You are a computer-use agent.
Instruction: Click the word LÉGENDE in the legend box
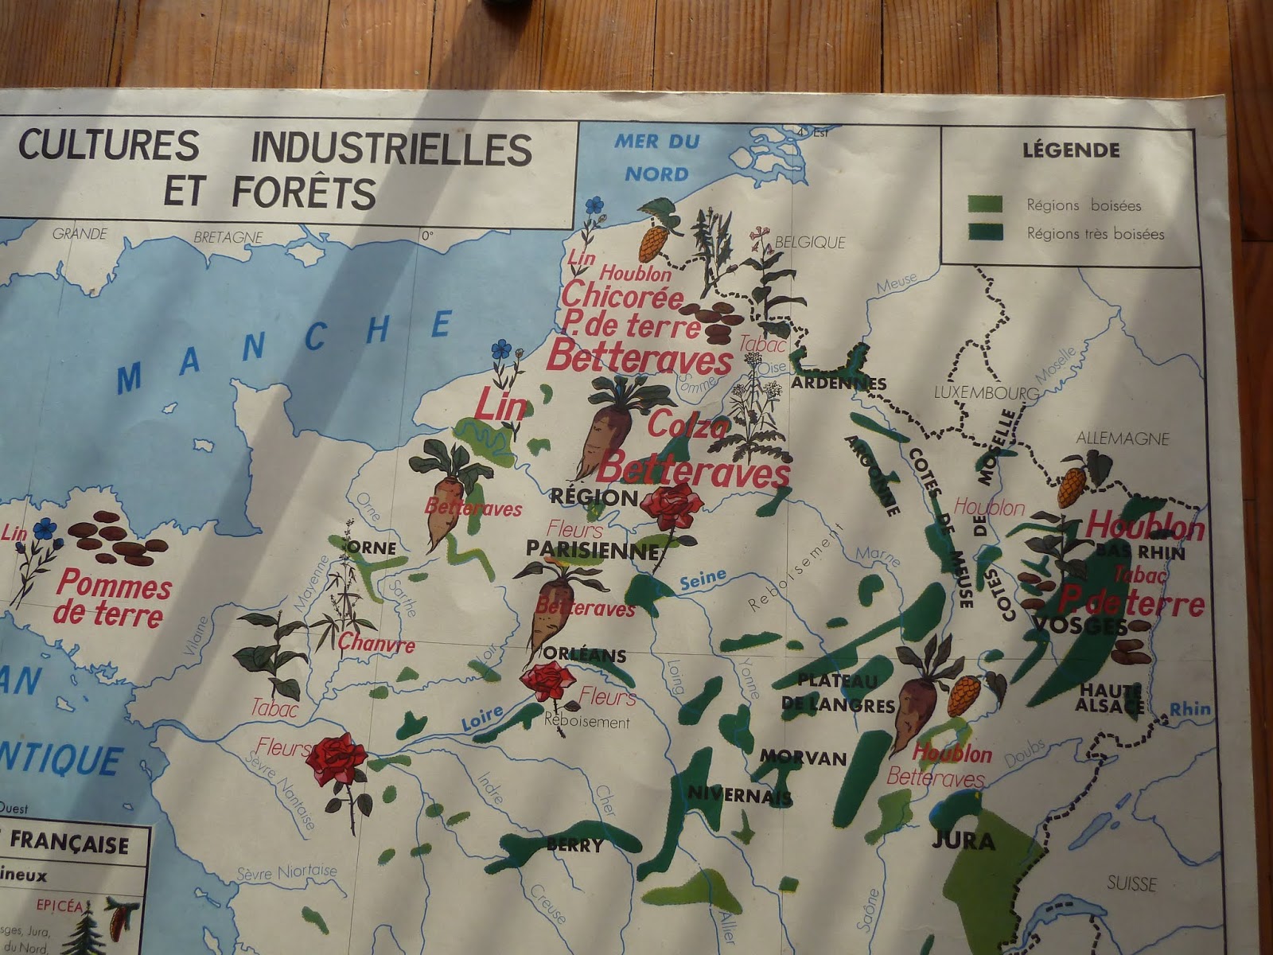(1070, 150)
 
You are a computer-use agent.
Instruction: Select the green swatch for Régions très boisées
(985, 232)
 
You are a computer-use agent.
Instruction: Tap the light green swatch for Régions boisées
(985, 205)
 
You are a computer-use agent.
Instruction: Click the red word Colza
(687, 427)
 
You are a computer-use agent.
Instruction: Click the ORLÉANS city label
(586, 656)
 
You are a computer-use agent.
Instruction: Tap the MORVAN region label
(803, 757)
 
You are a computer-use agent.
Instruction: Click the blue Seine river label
(703, 579)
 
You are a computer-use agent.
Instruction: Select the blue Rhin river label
(1190, 708)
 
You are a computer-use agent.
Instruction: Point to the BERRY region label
(574, 845)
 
